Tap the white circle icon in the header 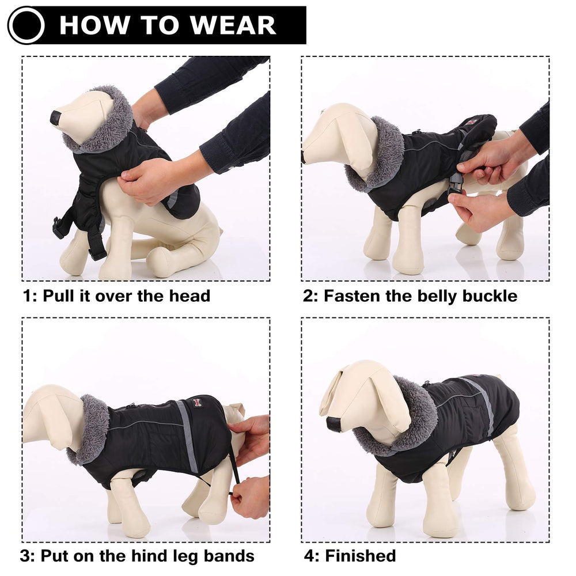click(x=26, y=25)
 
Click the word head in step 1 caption click(x=190, y=296)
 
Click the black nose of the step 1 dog click(x=55, y=118)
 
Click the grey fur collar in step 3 click(x=92, y=429)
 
